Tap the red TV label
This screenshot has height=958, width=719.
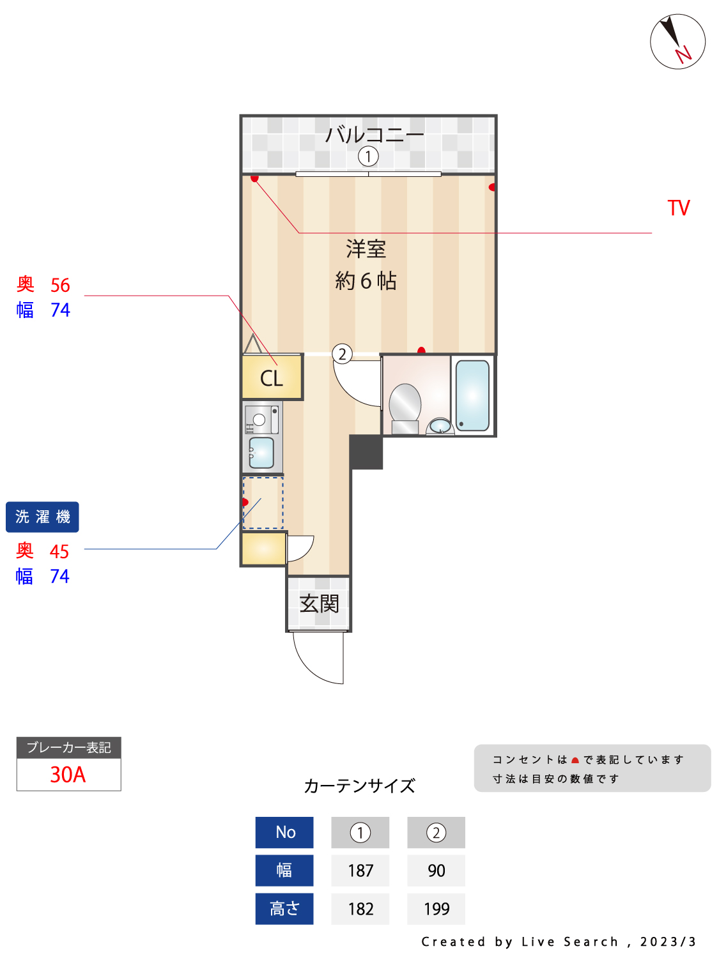(678, 208)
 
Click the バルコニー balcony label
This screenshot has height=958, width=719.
(374, 134)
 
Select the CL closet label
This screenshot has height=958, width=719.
(271, 378)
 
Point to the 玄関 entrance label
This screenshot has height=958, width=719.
(319, 604)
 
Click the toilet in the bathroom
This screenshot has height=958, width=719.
(405, 408)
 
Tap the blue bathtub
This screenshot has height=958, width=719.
(472, 395)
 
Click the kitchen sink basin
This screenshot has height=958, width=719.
(261, 453)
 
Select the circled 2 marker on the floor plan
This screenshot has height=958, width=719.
(342, 354)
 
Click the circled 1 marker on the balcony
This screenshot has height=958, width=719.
(368, 156)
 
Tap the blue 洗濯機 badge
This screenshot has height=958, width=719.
(42, 517)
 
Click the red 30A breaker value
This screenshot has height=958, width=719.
(68, 775)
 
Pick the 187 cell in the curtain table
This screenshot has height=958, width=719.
(360, 871)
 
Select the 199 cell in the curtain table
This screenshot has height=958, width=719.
(436, 909)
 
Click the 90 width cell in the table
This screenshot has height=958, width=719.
(436, 871)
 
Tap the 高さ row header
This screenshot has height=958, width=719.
(284, 909)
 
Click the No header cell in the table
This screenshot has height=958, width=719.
(284, 832)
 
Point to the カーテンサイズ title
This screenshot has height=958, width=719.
(359, 786)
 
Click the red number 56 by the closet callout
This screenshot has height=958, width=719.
(60, 285)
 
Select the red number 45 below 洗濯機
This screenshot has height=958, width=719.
(59, 552)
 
